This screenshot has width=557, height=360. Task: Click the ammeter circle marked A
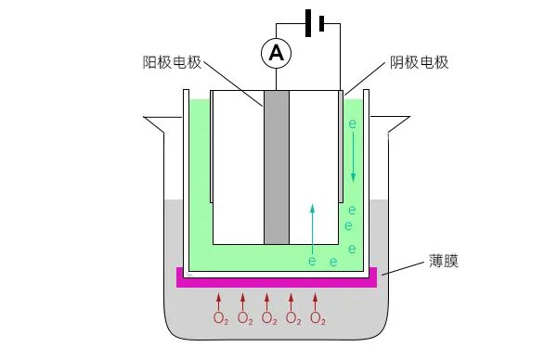pyautogui.click(x=276, y=55)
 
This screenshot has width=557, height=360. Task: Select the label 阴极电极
pyautogui.click(x=418, y=63)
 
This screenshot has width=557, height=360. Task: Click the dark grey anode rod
pyautogui.click(x=276, y=167)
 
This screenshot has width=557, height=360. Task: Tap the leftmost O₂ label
pyautogui.click(x=221, y=319)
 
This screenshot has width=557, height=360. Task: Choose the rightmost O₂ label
pyautogui.click(x=317, y=319)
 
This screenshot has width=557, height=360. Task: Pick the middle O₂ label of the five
pyautogui.click(x=269, y=319)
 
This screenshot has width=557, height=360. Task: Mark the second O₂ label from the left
pyautogui.click(x=245, y=319)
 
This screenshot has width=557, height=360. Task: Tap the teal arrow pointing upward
pyautogui.click(x=312, y=226)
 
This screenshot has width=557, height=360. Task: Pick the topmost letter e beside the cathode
pyautogui.click(x=352, y=123)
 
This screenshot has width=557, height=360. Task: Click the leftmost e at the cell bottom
pyautogui.click(x=312, y=263)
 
